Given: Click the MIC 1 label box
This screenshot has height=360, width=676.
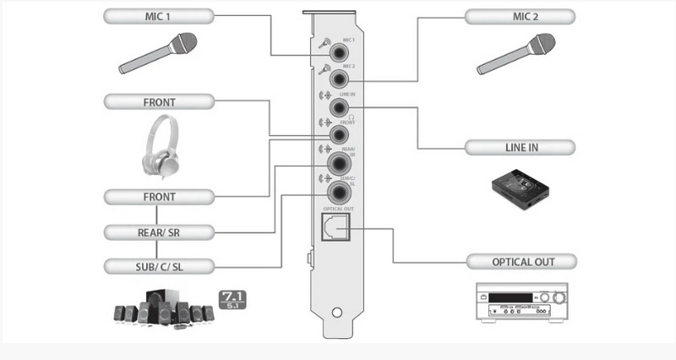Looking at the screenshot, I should [159, 16].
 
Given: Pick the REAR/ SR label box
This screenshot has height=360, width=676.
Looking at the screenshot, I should [159, 232].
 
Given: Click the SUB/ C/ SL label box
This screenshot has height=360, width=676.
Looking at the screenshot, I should [159, 266].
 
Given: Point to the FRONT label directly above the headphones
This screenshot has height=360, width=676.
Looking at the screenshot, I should [159, 102].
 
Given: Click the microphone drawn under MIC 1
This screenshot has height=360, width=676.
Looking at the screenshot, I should [158, 53].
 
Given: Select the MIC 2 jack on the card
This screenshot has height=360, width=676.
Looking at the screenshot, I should [341, 79].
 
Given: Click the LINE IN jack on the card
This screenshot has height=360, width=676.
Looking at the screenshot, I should [341, 107].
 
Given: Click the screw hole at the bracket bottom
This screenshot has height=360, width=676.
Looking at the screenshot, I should [338, 314].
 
